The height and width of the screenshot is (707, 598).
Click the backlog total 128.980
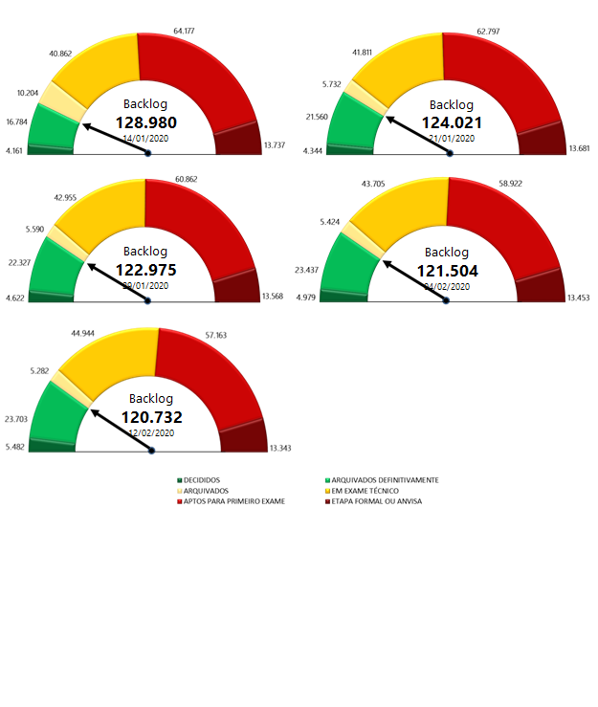coord(146,122)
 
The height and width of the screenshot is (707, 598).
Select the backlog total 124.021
coord(452,122)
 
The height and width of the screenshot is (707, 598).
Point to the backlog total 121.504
coord(448,270)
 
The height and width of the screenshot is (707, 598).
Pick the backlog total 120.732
coord(151,416)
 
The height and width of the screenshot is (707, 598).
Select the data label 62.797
coord(490,31)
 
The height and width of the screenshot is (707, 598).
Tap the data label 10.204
coord(29,93)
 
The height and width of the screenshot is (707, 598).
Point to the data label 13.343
coord(281,448)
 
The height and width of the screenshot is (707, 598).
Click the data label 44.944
coord(83,333)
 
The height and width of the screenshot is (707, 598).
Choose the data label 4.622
coord(16,299)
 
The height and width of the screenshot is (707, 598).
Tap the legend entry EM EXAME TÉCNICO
coord(367,490)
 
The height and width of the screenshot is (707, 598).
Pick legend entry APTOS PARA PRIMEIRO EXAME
coord(233,500)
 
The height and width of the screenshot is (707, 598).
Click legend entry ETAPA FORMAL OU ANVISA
coord(375,500)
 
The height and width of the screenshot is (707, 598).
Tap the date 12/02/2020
coord(151,432)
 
